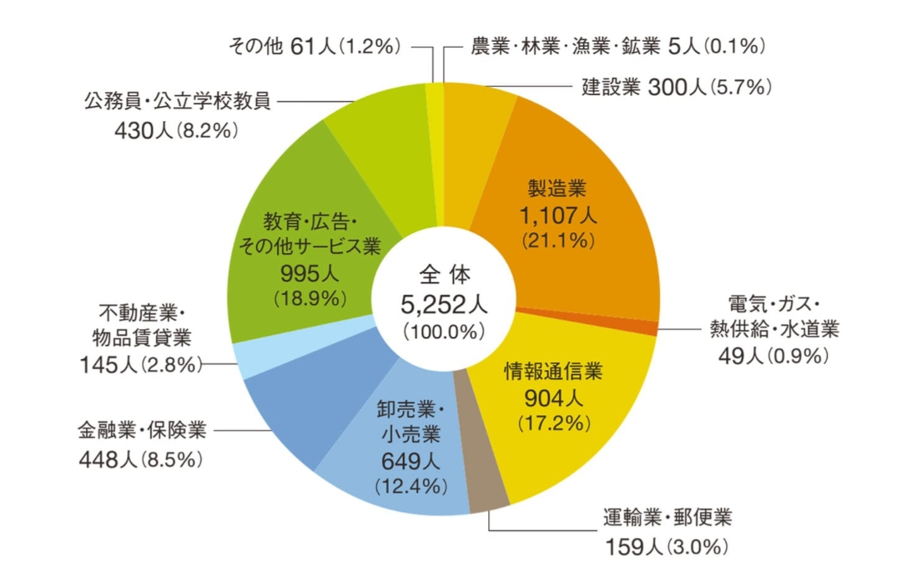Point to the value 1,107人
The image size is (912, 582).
[558, 216]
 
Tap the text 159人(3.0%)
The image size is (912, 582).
[667, 547]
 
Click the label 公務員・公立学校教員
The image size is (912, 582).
[177, 103]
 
